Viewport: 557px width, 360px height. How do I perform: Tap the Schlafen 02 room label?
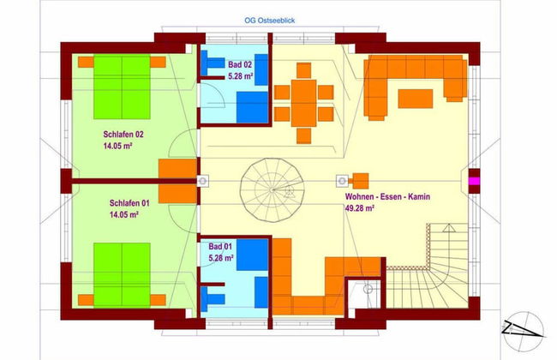123,134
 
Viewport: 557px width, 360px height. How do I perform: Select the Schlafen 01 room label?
129,202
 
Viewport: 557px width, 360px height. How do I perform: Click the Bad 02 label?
239,64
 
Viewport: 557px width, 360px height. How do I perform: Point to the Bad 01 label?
220,245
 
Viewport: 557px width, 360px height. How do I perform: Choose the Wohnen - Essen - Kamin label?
381,196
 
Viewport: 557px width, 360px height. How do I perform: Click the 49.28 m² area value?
359,207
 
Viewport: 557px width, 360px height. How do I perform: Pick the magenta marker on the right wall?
473,181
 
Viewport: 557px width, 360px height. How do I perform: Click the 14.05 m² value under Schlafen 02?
119,147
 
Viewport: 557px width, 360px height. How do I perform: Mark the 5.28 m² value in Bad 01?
220,256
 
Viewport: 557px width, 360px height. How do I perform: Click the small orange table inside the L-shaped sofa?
416,98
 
